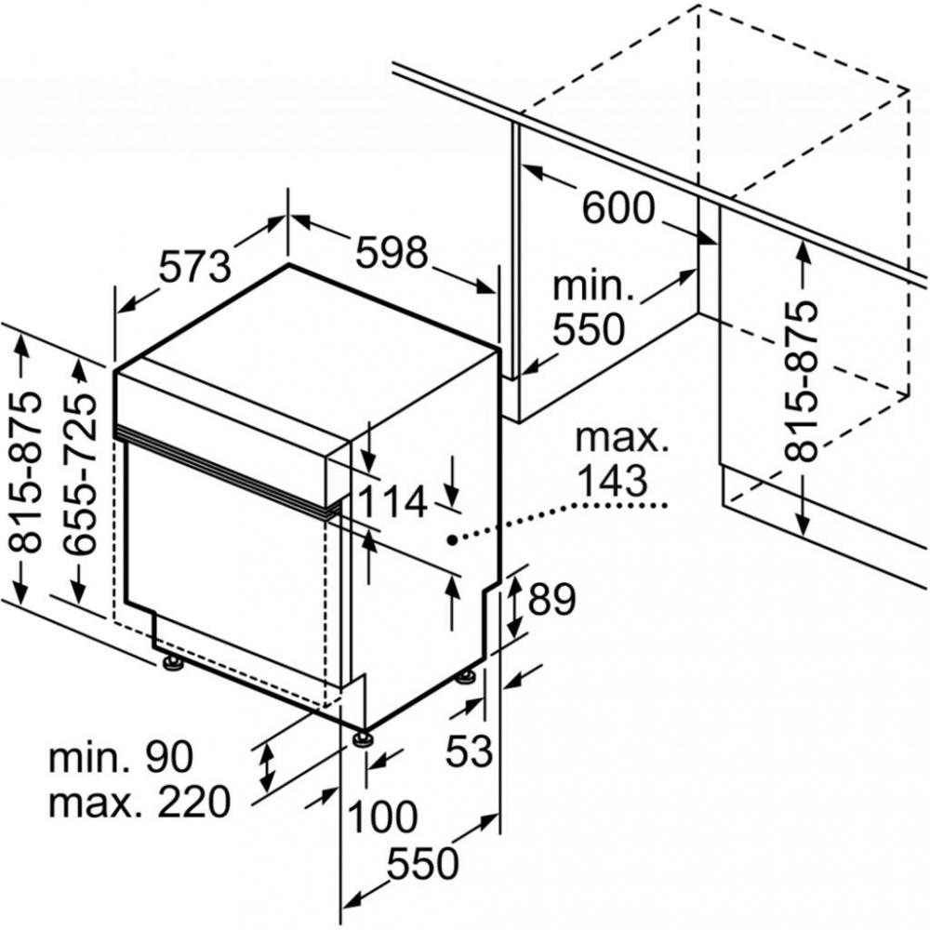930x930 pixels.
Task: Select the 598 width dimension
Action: (392, 251)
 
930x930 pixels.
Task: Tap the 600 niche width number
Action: (618, 207)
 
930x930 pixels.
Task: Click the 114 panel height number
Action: (393, 502)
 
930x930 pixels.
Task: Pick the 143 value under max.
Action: (612, 480)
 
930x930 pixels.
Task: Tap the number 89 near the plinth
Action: (551, 599)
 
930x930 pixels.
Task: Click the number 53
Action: (469, 751)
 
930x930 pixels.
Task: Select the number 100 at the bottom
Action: (382, 817)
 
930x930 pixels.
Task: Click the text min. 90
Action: (121, 757)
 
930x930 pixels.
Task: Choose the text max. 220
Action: (139, 802)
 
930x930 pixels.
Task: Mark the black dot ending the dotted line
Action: (452, 539)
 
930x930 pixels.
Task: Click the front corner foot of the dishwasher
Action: (361, 738)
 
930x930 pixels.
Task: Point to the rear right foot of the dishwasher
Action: (466, 677)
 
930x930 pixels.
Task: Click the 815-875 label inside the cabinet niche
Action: (801, 381)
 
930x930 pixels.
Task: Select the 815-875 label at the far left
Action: (27, 472)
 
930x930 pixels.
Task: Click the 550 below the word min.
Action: (589, 329)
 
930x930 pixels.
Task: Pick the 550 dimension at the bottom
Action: (423, 863)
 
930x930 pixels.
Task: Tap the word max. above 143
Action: (621, 438)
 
